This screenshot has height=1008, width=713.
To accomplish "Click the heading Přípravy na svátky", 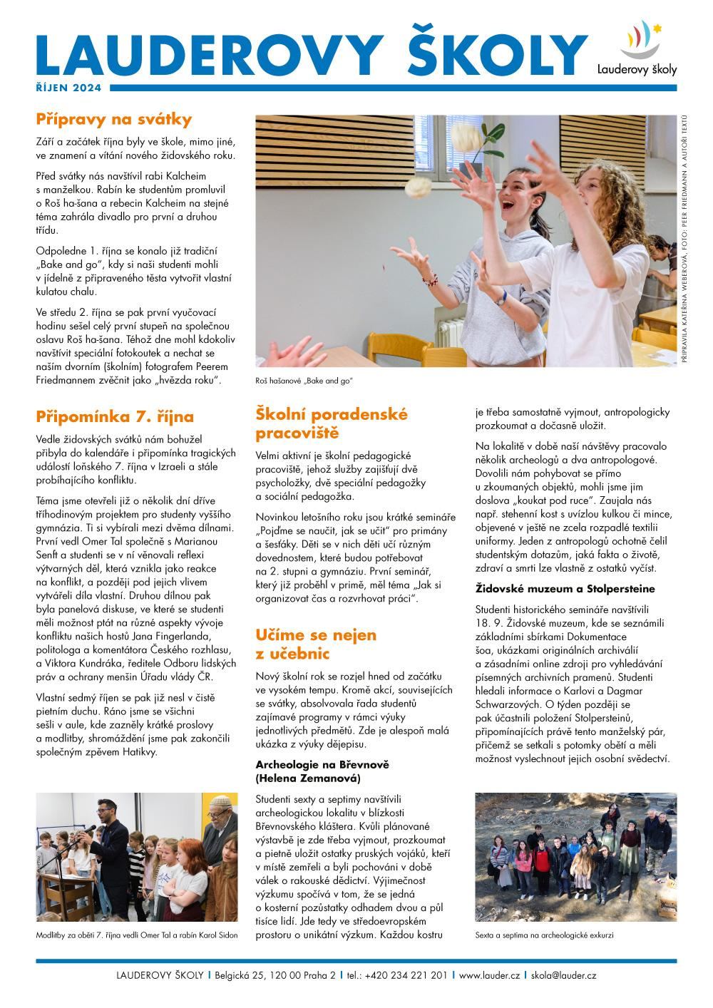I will point(114,119).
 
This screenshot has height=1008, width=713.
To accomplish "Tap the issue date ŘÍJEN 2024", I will point(68,88).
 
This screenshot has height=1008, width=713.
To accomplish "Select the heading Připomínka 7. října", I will point(115,416).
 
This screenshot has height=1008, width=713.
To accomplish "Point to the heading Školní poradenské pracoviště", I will point(331,423).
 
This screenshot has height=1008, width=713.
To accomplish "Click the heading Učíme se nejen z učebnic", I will point(316,644).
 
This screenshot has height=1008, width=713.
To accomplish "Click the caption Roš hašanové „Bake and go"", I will point(304,381).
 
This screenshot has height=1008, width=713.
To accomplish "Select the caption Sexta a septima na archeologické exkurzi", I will point(544,935).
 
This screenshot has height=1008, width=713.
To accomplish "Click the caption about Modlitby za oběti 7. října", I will point(136,935).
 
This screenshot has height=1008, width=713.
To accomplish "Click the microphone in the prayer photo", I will point(90,828).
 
